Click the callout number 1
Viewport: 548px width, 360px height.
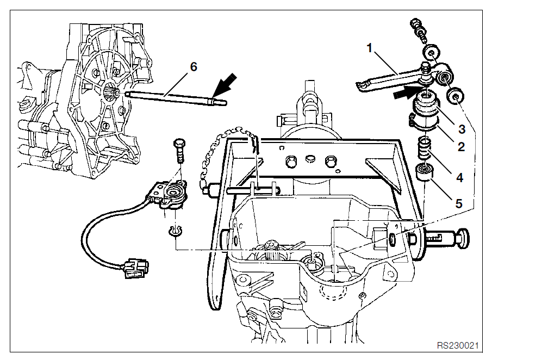pyautogui.click(x=370, y=48)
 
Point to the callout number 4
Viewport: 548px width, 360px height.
pyautogui.click(x=459, y=178)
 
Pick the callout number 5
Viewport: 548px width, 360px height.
pyautogui.click(x=459, y=203)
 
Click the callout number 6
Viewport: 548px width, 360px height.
pyautogui.click(x=193, y=67)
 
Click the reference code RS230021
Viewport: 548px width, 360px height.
pyautogui.click(x=458, y=345)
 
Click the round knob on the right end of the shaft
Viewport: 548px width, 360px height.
pyautogui.click(x=465, y=237)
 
